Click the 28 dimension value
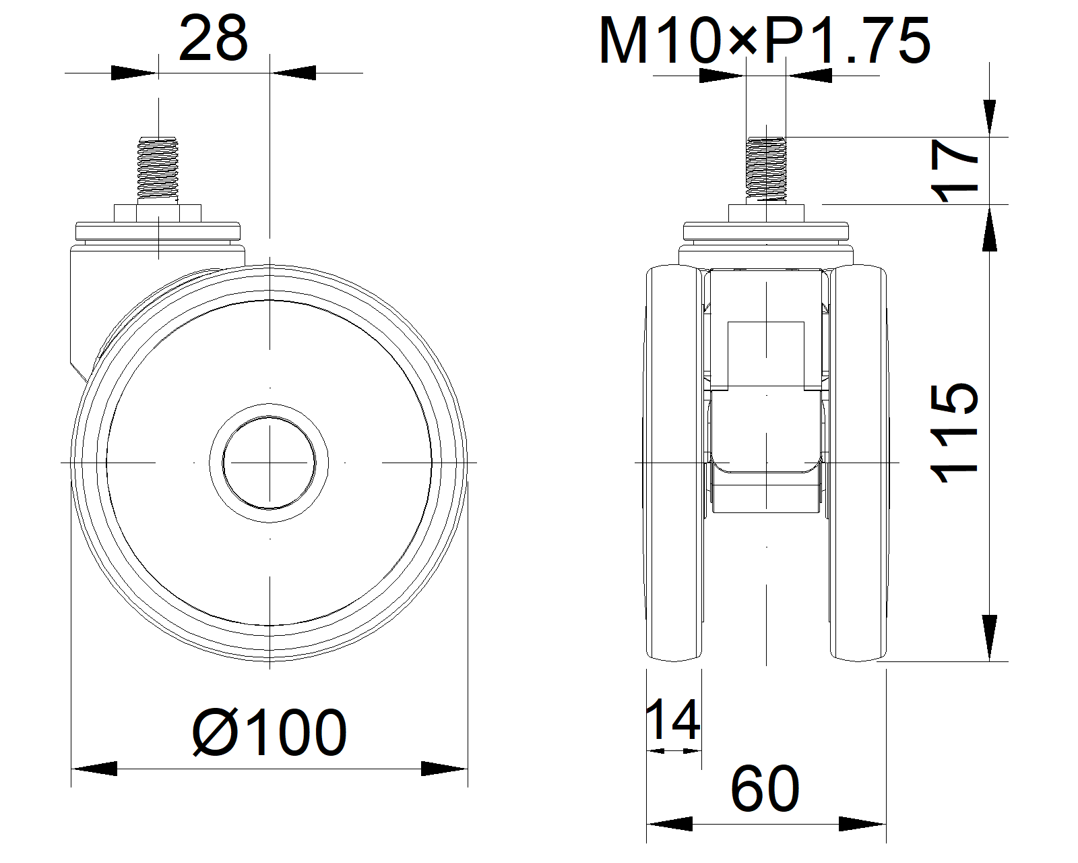(x=213, y=38)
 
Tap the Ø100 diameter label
(x=269, y=732)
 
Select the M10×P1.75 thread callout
(x=765, y=40)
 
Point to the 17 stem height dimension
(x=955, y=171)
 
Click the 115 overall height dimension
(x=955, y=433)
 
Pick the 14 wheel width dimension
(x=673, y=719)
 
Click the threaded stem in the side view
(x=158, y=168)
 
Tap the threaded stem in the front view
(x=766, y=168)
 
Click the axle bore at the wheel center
(x=269, y=463)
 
